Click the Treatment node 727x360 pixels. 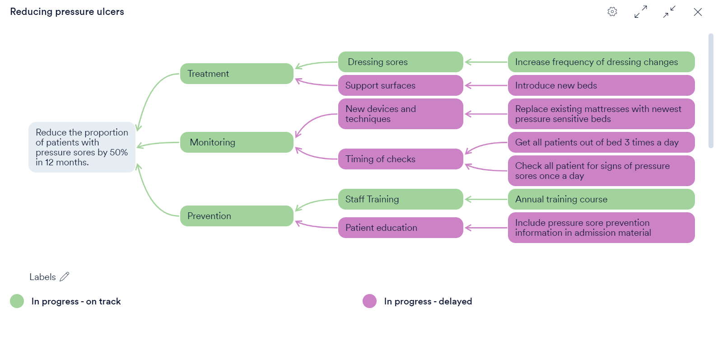click(237, 74)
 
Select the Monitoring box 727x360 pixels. click(237, 142)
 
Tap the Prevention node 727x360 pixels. click(237, 216)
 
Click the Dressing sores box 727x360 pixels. click(401, 62)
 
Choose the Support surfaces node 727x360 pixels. click(401, 85)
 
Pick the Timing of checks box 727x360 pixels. click(401, 159)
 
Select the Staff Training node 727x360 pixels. click(401, 199)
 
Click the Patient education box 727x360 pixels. click(401, 228)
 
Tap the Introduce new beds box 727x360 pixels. click(601, 85)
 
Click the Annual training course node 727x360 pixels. click(601, 199)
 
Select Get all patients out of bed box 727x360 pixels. click(601, 142)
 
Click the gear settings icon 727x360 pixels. click(612, 12)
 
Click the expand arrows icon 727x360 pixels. click(641, 12)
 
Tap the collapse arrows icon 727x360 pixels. click(669, 12)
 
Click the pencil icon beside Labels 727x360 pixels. click(65, 277)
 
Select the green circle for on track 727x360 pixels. click(17, 301)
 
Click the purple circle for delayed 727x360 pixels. click(369, 301)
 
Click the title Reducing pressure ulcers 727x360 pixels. click(67, 12)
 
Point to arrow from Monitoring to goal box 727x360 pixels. click(158, 144)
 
